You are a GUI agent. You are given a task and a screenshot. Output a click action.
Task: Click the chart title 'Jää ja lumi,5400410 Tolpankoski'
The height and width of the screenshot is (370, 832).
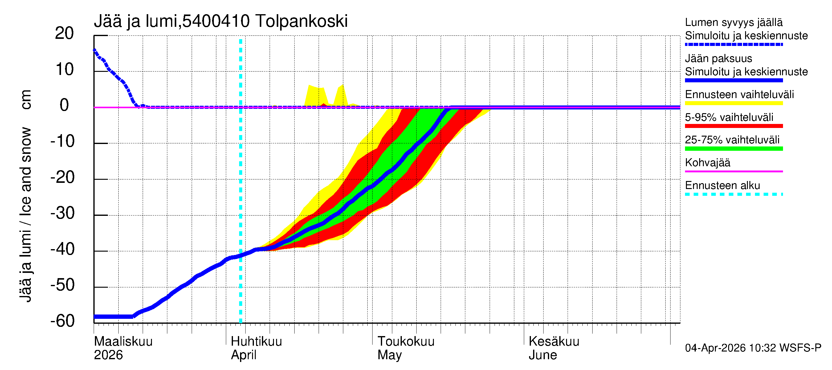point(221,21)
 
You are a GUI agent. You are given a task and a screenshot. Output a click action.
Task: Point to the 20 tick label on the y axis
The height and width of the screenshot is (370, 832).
point(64,33)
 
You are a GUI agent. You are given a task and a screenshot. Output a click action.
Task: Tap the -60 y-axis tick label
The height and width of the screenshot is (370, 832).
point(62,321)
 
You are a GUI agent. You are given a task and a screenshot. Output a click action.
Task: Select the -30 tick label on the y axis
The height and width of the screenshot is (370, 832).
point(62,213)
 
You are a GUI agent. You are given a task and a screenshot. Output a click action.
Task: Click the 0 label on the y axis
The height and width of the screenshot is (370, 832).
point(64,105)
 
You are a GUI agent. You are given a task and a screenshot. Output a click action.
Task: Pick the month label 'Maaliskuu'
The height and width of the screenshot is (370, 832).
point(123,342)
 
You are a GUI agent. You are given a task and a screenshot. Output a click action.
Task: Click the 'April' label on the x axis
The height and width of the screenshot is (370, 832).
point(243,355)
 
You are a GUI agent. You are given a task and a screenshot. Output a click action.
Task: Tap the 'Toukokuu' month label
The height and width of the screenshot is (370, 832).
point(406,342)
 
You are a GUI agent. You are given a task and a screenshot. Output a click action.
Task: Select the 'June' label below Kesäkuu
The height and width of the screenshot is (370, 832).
point(543,355)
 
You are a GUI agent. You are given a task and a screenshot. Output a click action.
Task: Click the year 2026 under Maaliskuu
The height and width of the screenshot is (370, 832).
point(108,355)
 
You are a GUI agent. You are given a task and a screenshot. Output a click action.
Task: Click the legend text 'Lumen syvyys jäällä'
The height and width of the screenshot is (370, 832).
point(734,22)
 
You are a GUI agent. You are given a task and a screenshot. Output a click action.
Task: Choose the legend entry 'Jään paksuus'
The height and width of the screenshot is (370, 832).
point(718,59)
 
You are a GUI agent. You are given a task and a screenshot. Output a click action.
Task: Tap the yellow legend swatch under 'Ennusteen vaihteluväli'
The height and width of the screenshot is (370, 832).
point(734,103)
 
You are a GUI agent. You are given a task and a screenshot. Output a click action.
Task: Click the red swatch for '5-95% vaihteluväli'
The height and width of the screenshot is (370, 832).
point(734,126)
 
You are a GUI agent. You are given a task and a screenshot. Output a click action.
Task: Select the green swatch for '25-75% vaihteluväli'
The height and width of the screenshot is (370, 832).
point(734,149)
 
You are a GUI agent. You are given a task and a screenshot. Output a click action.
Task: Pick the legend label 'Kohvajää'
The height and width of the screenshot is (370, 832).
point(707,162)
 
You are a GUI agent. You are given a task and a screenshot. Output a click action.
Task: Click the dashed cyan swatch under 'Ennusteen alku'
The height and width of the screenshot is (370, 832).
point(734,194)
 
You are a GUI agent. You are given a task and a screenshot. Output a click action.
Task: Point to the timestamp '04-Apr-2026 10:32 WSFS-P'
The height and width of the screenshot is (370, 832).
point(753,348)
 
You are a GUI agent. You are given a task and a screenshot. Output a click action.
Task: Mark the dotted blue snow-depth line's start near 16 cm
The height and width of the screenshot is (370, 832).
point(95,50)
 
